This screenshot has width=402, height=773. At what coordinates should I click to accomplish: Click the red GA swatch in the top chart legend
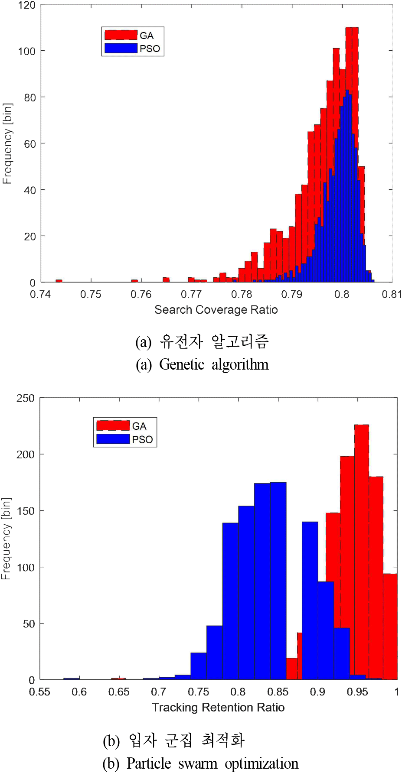coord(121,35)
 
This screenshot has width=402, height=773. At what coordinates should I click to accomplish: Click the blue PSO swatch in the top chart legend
coord(121,48)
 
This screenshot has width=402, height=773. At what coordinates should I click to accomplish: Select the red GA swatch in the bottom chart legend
coord(113,425)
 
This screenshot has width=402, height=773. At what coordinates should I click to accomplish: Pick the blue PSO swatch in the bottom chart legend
coord(113,439)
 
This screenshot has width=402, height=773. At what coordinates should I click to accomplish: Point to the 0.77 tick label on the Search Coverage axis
coord(191,295)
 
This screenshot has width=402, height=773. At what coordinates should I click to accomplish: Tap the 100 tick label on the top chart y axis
coord(26,51)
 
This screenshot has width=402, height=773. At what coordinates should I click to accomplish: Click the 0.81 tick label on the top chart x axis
coord(392,295)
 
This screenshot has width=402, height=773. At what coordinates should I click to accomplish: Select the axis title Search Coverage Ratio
coord(216,310)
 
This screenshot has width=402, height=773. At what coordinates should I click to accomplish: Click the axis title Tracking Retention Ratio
coord(218,708)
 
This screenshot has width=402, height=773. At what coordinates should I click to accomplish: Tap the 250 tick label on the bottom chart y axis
coord(25,398)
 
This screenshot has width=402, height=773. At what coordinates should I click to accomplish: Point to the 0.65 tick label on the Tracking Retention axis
coord(119,692)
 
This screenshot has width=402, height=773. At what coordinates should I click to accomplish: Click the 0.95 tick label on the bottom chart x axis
coord(357,692)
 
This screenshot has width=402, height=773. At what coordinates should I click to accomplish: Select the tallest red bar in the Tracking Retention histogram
coord(362,550)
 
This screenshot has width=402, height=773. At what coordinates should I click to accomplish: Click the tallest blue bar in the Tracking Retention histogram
coord(278,581)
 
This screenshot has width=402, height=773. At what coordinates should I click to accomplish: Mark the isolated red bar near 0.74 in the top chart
coord(59,281)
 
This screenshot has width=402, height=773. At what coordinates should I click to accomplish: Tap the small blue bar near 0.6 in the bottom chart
coord(72,679)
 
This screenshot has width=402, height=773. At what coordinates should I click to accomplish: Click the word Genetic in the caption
coord(182,364)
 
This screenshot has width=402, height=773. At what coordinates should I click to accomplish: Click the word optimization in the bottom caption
coord(261,763)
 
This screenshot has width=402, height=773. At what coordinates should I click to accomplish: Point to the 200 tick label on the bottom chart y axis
coord(25,455)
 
